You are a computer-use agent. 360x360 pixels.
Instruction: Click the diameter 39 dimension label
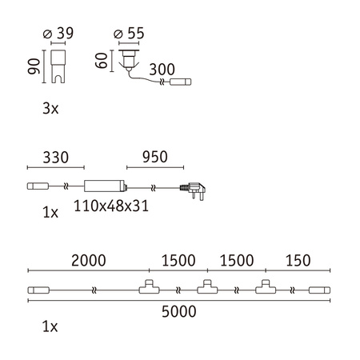point(58,34)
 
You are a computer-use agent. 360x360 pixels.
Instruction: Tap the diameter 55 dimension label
point(129,34)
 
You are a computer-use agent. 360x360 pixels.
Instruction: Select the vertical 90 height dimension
point(34,66)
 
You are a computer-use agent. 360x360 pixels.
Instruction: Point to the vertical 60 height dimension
point(102,61)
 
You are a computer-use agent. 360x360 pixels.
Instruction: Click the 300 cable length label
point(162,70)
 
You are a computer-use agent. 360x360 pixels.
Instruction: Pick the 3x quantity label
point(50,109)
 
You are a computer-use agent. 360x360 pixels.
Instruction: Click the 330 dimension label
point(56,158)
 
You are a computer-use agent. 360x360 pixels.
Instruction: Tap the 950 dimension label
point(155,157)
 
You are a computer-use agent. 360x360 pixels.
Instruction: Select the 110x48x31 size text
point(111,206)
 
